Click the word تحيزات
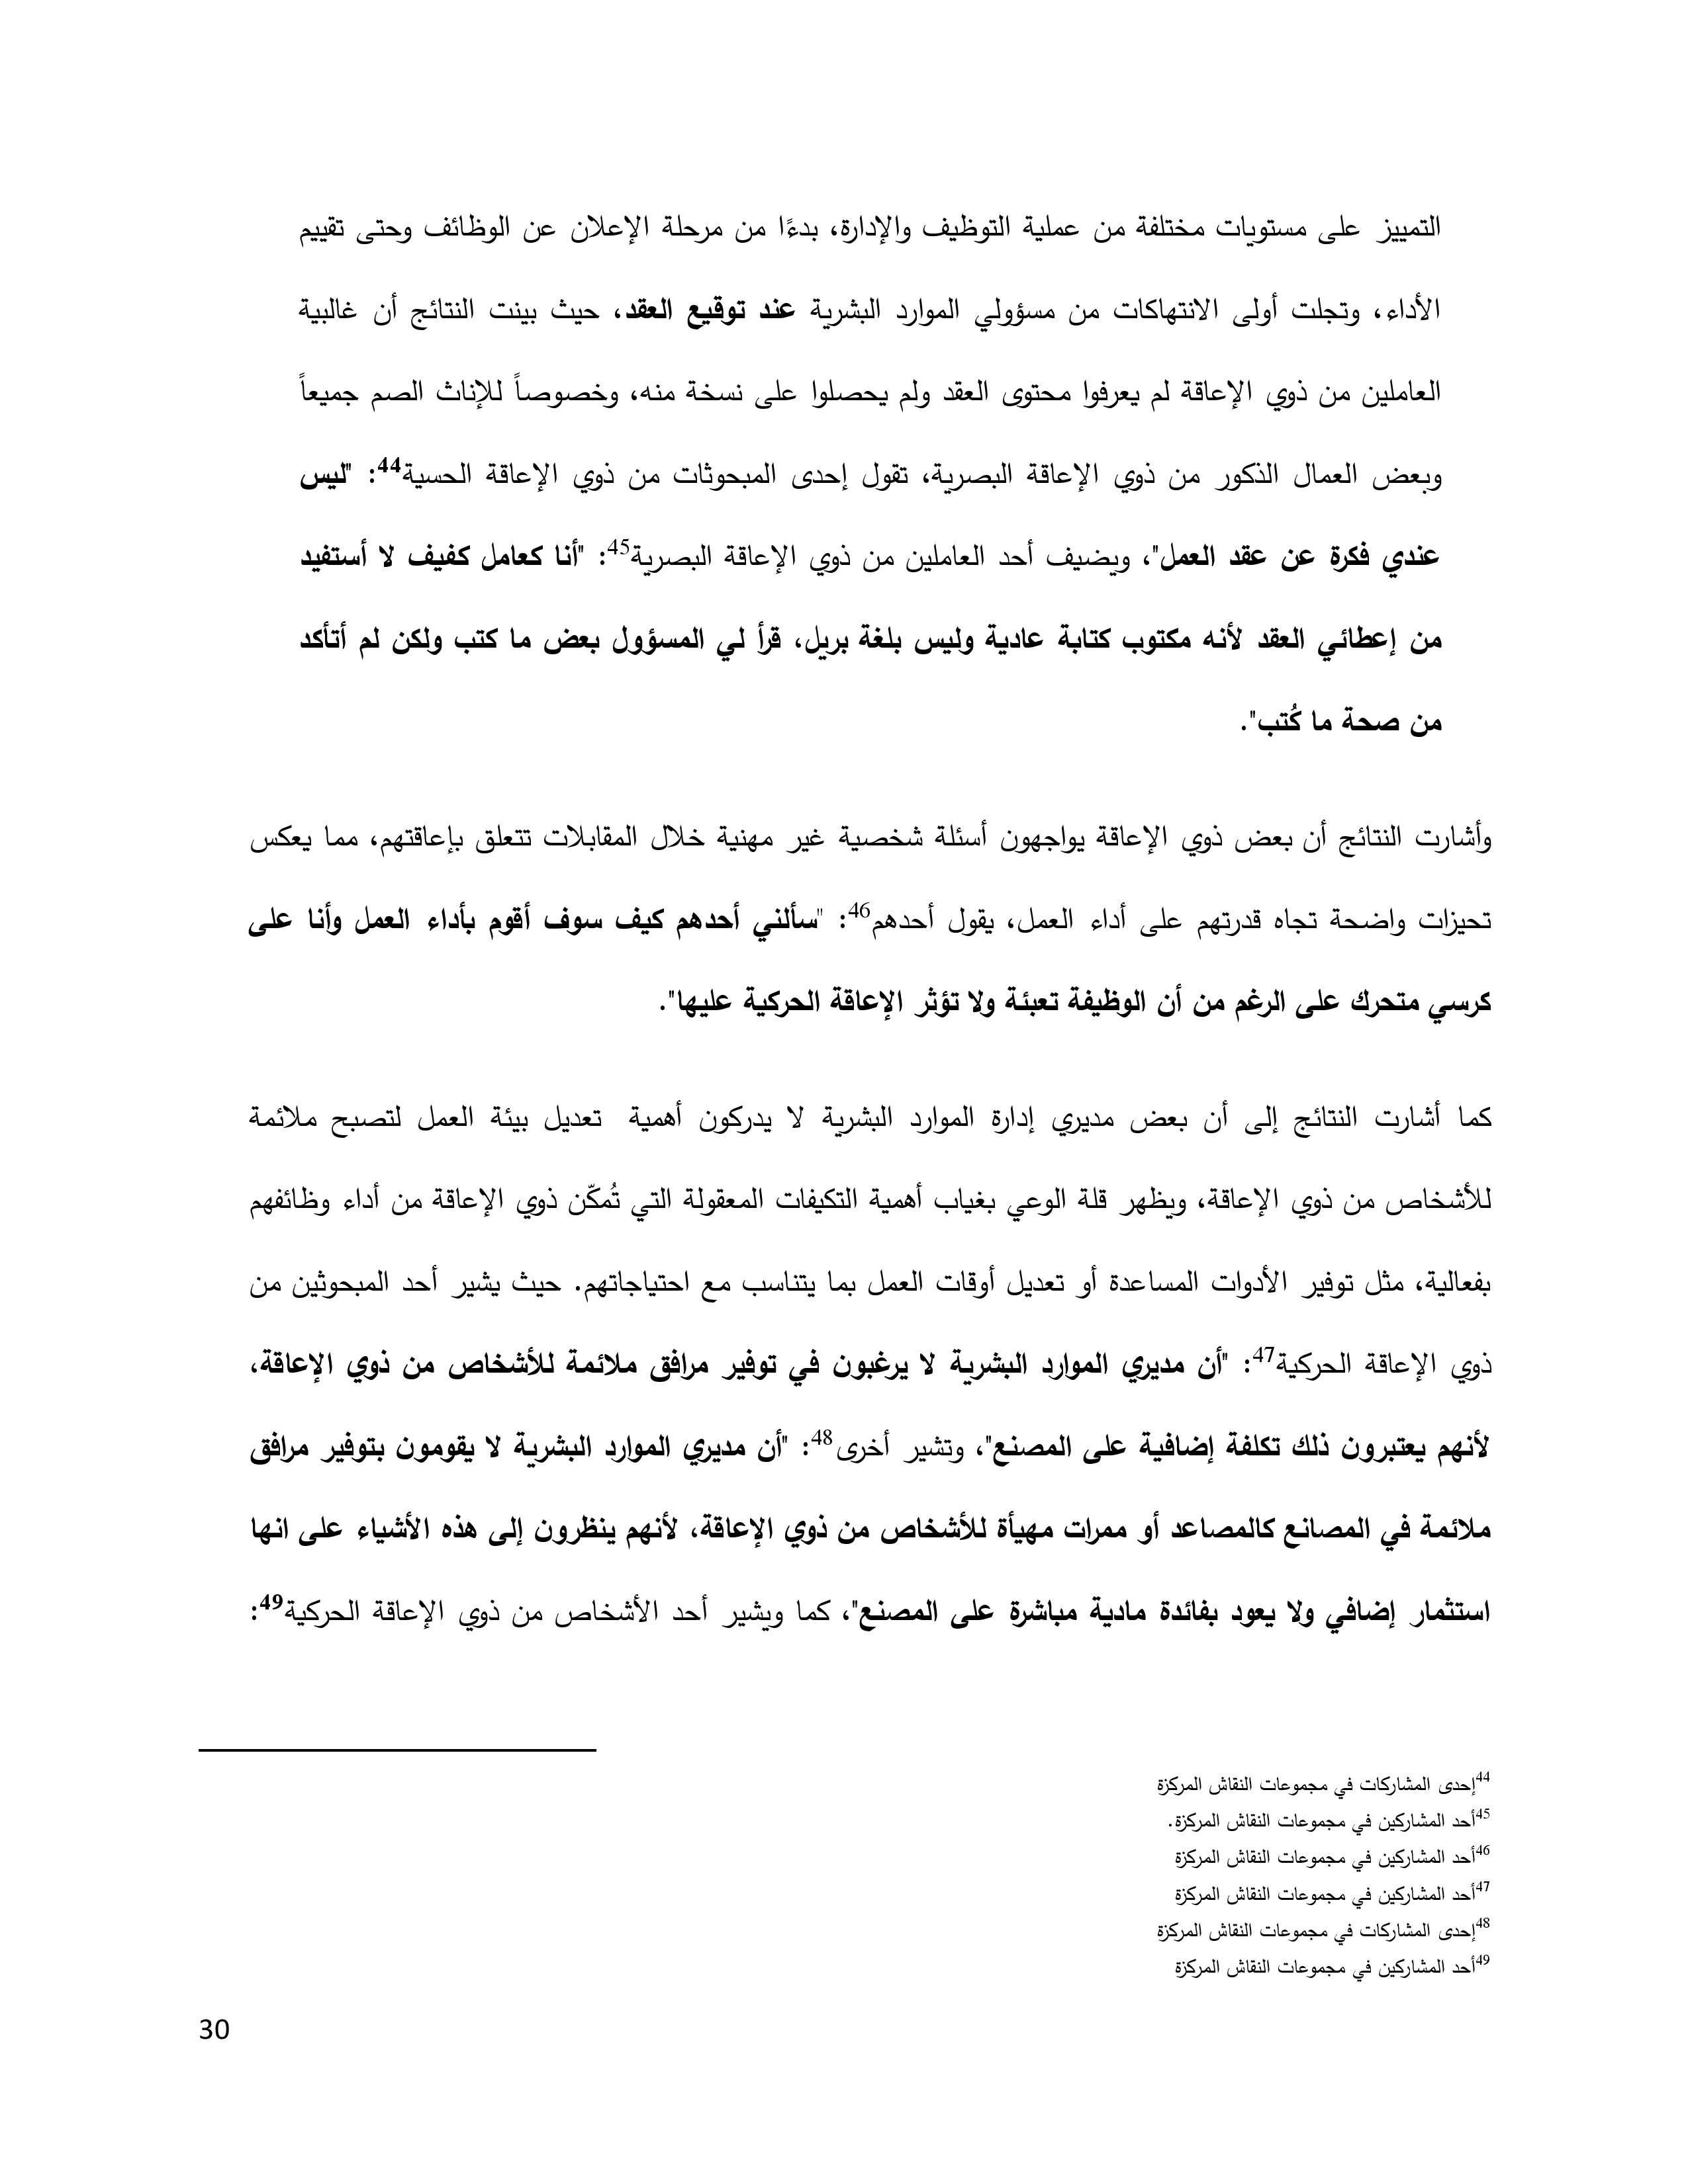pos(1451,921)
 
